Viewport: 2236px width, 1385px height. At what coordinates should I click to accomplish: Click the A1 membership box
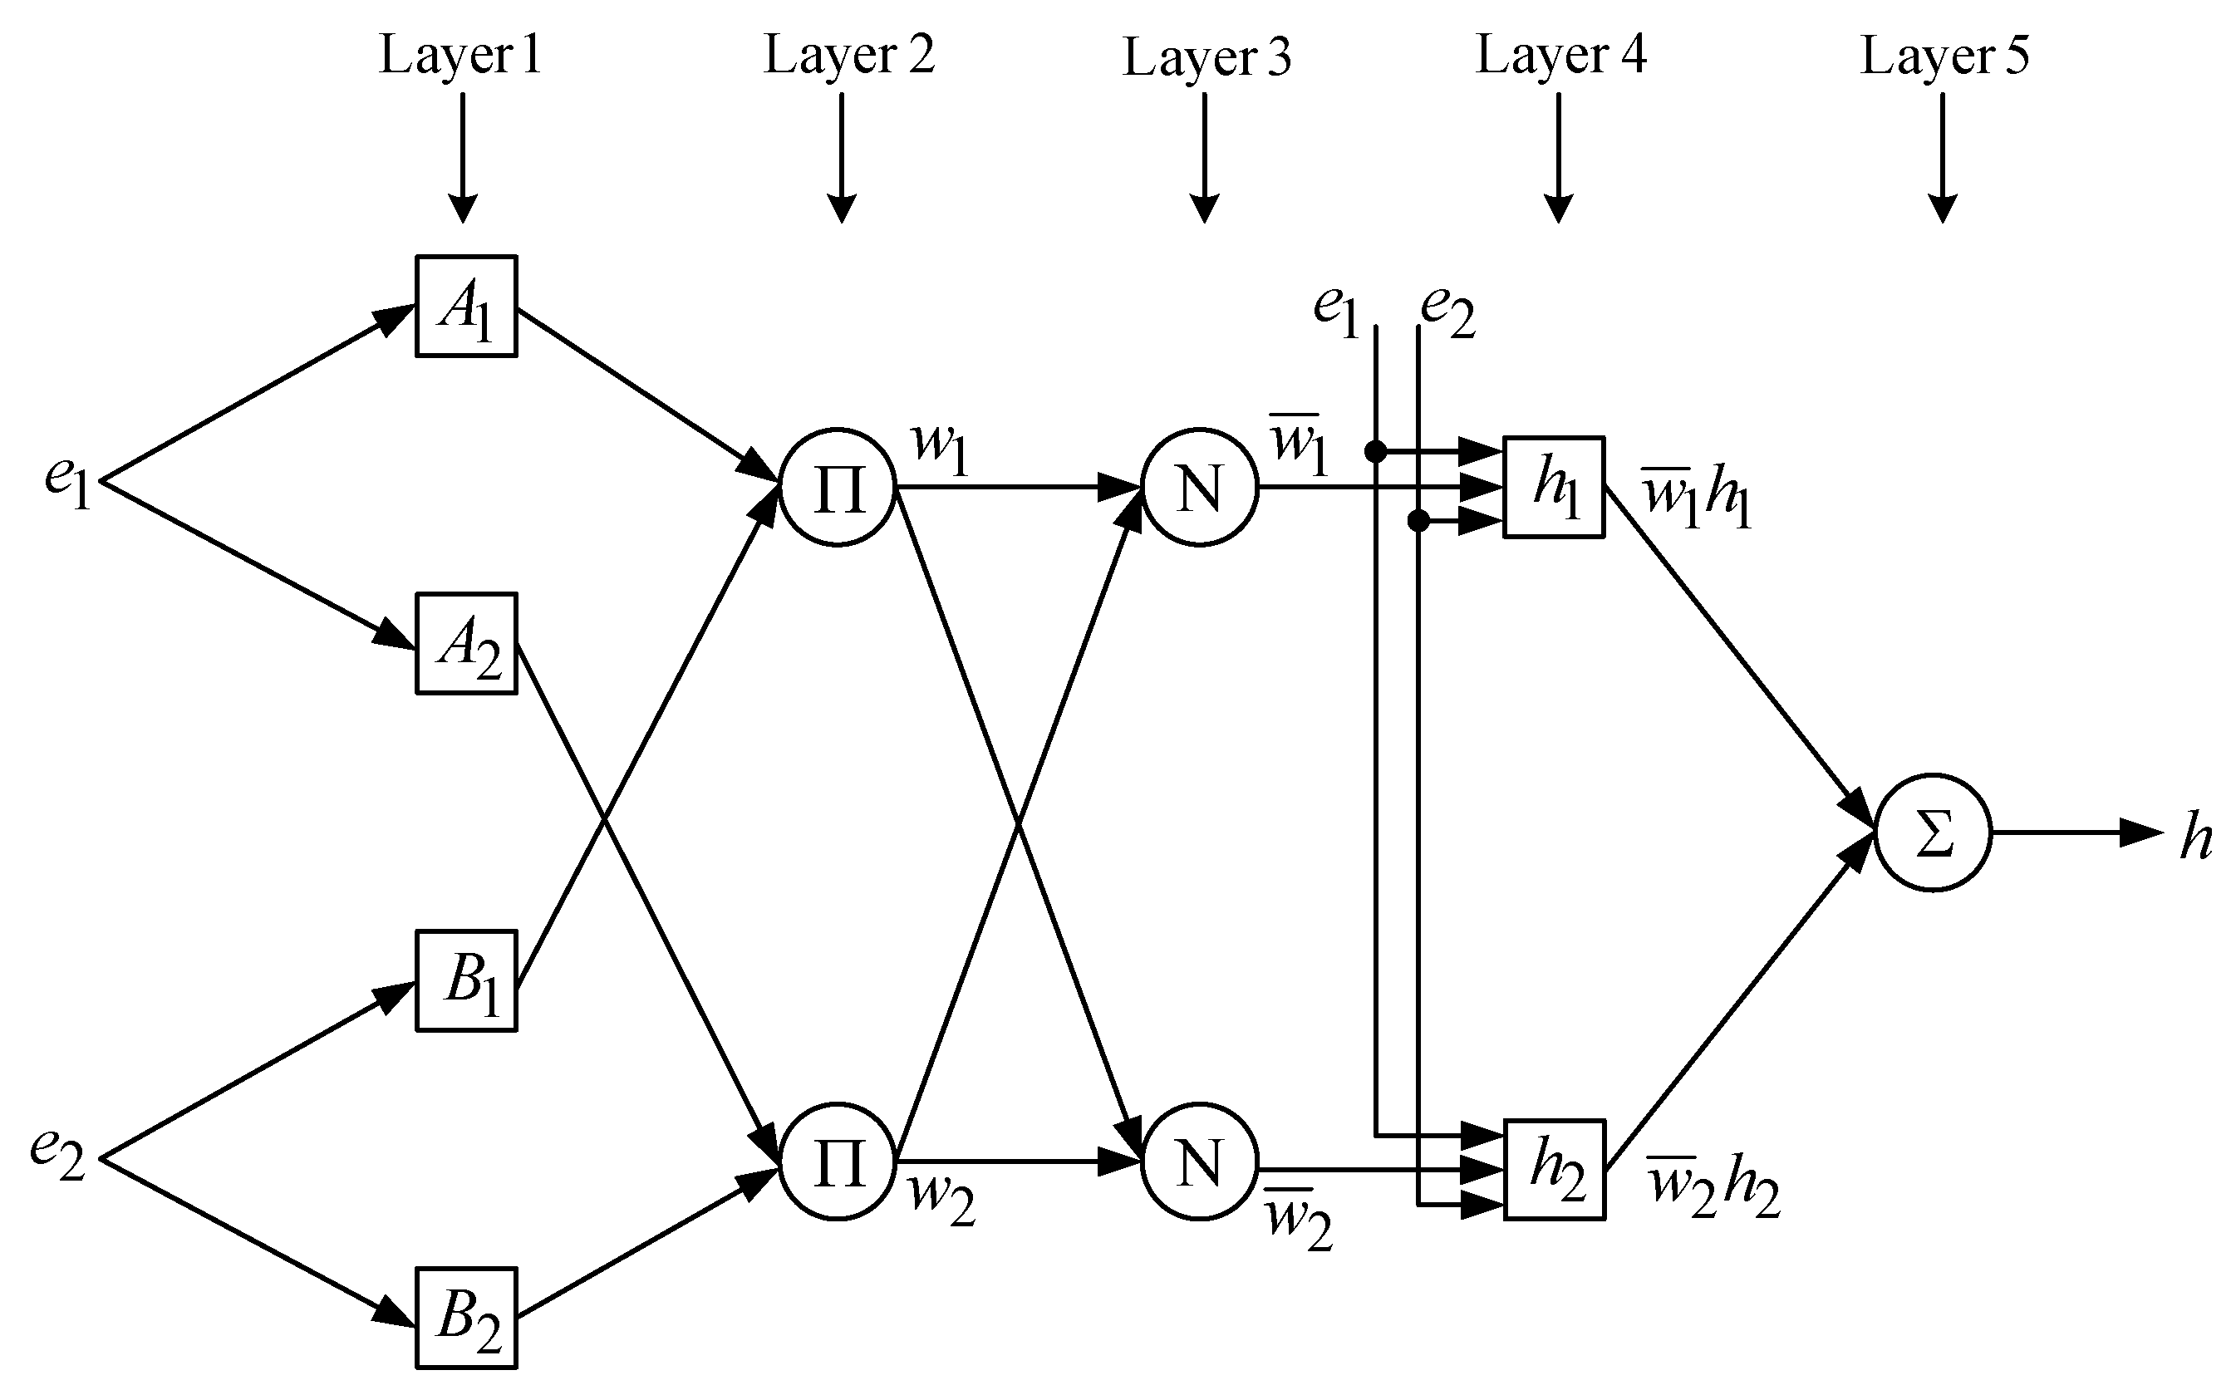tap(465, 306)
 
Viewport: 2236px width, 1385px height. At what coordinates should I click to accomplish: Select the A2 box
tap(465, 643)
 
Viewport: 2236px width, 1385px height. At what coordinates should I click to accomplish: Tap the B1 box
tap(465, 981)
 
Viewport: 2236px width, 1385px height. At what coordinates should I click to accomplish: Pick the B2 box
tap(465, 1317)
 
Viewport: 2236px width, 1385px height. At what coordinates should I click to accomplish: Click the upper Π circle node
tap(837, 488)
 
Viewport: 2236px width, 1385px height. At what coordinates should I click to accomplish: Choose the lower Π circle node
tap(837, 1162)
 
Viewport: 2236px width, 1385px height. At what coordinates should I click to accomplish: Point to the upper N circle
tap(1199, 488)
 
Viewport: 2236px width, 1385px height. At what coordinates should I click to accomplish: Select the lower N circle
tap(1199, 1162)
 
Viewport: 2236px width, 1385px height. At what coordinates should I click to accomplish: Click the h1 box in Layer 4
tap(1554, 488)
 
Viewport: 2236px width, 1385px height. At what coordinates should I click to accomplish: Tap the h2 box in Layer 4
tap(1554, 1170)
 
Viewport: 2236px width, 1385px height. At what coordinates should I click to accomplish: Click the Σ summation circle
tap(1933, 832)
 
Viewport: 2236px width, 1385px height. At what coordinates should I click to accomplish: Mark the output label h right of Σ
tap(2194, 837)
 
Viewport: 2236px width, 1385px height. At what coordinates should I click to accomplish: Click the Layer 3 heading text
tap(1206, 56)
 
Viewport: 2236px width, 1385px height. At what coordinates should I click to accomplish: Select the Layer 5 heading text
tap(1944, 55)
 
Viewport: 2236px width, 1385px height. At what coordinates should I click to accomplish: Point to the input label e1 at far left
tap(66, 481)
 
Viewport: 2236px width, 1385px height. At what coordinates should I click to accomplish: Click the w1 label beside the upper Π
tap(939, 448)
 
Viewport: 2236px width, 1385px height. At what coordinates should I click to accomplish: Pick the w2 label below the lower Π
tap(941, 1200)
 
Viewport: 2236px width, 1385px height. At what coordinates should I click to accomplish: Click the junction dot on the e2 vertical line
tap(1418, 521)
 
